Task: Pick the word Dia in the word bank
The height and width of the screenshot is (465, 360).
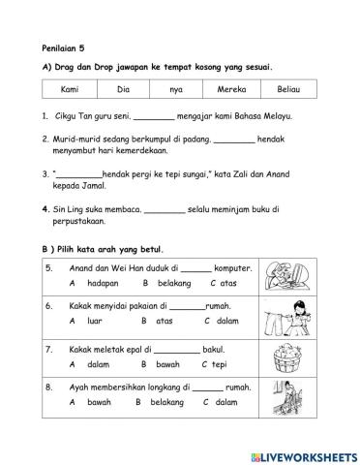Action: point(123,89)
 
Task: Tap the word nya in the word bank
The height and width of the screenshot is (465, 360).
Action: point(176,89)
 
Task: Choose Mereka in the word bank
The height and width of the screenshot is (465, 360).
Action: point(229,89)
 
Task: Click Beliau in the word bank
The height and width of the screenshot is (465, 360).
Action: point(287,89)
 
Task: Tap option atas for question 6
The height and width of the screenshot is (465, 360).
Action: point(165,319)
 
